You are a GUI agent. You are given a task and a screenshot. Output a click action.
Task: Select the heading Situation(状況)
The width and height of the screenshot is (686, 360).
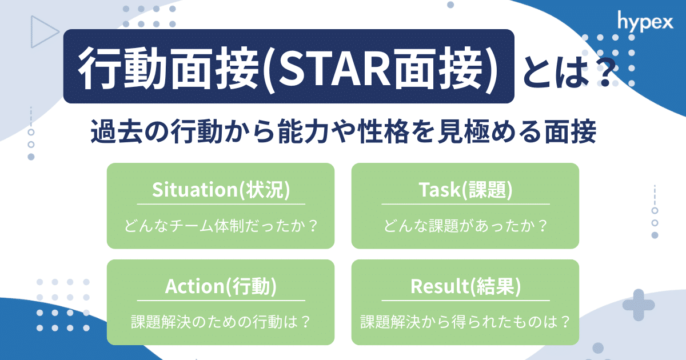point(221,190)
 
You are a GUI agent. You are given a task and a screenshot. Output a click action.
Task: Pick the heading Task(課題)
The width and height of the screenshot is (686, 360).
point(465,190)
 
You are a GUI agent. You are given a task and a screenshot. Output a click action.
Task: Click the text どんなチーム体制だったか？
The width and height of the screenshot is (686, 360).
point(221,225)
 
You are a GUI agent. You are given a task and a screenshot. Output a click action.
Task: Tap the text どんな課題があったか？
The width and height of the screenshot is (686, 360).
point(465,225)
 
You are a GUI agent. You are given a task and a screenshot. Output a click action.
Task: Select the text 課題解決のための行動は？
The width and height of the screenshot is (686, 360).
point(221,322)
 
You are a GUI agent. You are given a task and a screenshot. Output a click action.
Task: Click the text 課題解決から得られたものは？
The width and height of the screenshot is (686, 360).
point(465,322)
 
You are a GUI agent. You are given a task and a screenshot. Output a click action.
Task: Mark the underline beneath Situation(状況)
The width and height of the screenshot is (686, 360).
point(221,204)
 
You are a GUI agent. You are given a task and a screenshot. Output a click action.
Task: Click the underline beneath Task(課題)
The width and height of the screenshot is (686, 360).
point(465,204)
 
